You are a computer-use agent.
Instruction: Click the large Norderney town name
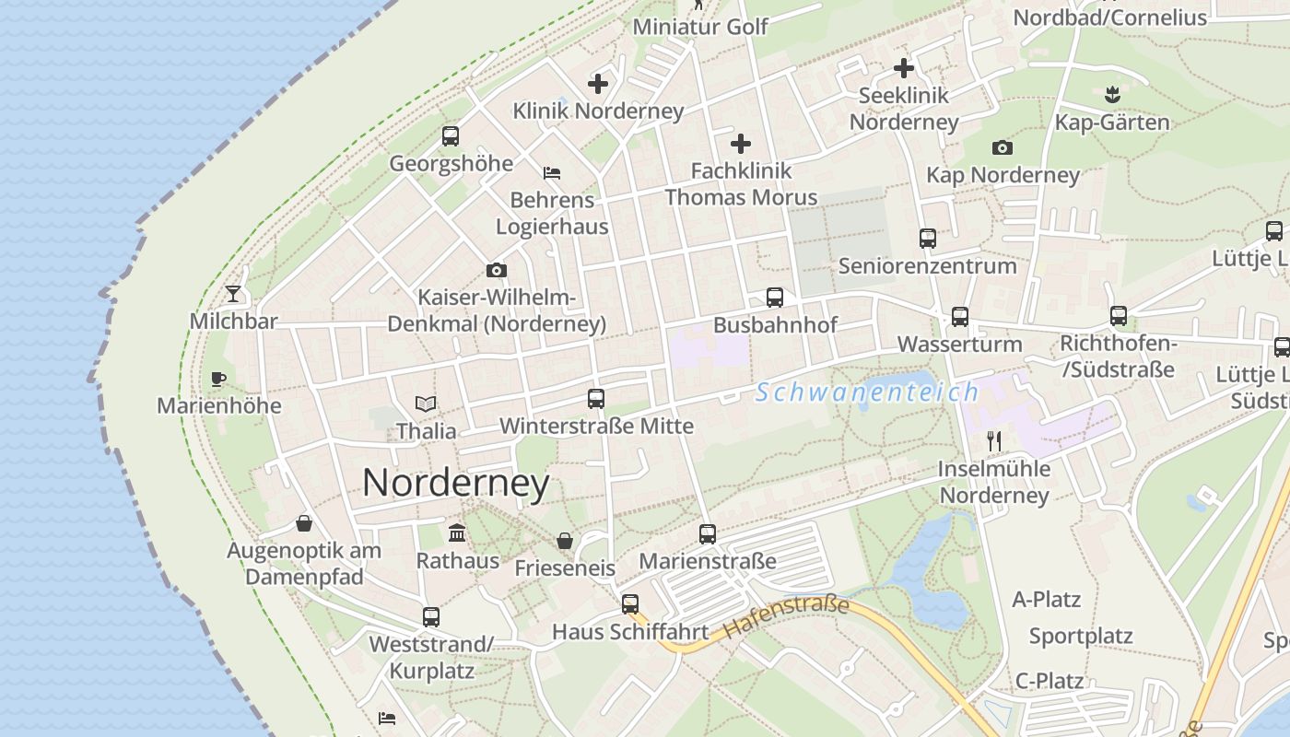pos(455,483)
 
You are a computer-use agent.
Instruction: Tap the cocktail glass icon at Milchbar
pos(233,294)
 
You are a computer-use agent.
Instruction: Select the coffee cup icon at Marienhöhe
pos(218,379)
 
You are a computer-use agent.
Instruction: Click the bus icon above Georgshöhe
pos(451,136)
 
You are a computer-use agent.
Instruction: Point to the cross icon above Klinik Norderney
pos(598,84)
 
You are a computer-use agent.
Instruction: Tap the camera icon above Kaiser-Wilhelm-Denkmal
pos(497,270)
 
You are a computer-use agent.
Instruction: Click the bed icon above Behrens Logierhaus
pos(552,172)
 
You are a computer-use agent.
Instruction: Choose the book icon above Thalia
pos(426,404)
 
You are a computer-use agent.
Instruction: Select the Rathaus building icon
pos(457,532)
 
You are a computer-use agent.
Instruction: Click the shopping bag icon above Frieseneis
pos(565,541)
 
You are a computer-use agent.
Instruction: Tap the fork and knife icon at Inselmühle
pos(993,441)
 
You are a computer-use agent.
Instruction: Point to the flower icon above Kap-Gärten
pos(1112,94)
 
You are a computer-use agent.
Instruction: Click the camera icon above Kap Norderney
pos(1003,147)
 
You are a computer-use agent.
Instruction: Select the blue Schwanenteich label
pos(867,392)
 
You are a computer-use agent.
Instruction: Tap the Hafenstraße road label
pos(786,617)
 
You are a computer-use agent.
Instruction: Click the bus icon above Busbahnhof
pos(775,298)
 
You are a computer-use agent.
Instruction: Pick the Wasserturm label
pos(959,345)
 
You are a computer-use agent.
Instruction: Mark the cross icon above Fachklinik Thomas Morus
pos(741,144)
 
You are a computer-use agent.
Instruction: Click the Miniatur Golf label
pos(700,26)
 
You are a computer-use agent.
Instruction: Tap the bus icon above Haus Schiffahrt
pos(630,604)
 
